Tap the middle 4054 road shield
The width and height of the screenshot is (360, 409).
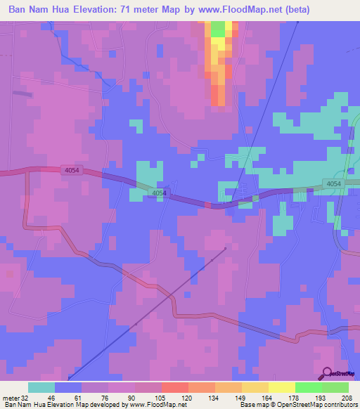(160, 193)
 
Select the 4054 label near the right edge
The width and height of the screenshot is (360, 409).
(334, 184)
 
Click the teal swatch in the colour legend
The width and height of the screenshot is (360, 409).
(41, 387)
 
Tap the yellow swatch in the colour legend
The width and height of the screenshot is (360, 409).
(281, 387)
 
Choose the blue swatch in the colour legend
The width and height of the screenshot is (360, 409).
(68, 387)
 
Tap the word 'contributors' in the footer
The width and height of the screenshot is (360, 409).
(340, 405)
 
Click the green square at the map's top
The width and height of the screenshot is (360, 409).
(218, 29)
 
